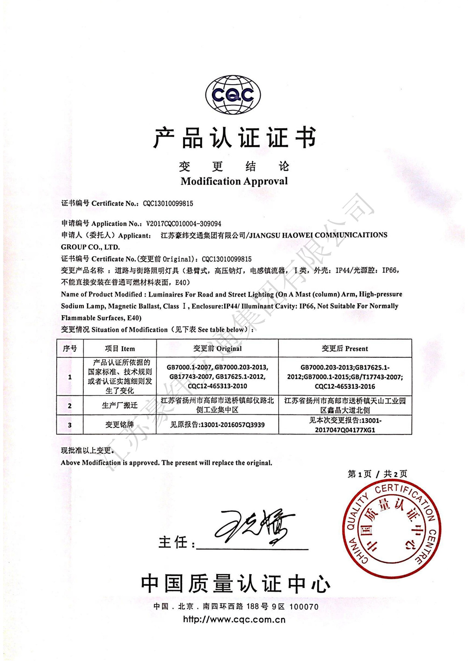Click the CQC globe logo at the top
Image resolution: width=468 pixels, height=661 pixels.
click(233, 95)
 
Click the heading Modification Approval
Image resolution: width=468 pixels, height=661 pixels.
click(234, 181)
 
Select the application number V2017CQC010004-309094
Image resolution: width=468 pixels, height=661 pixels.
click(183, 224)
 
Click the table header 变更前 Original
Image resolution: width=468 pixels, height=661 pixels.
click(217, 349)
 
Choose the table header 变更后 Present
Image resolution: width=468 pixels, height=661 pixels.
click(344, 349)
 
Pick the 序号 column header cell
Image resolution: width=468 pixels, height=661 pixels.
click(70, 349)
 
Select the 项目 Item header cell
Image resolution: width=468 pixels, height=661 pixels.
click(120, 349)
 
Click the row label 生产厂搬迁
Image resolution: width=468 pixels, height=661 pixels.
click(120, 405)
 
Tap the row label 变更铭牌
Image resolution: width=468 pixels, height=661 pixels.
click(120, 425)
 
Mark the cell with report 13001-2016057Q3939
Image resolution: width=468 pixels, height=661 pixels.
click(217, 425)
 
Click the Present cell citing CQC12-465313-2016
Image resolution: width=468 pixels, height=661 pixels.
click(344, 377)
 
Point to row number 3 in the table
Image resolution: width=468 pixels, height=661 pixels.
click(70, 425)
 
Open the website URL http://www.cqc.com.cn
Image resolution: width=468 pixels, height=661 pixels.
click(234, 620)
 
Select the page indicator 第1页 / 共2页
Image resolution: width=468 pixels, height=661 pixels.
click(377, 474)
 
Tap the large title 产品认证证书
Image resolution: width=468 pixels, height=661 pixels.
click(234, 138)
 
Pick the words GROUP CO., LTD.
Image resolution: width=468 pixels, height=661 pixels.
click(90, 247)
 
